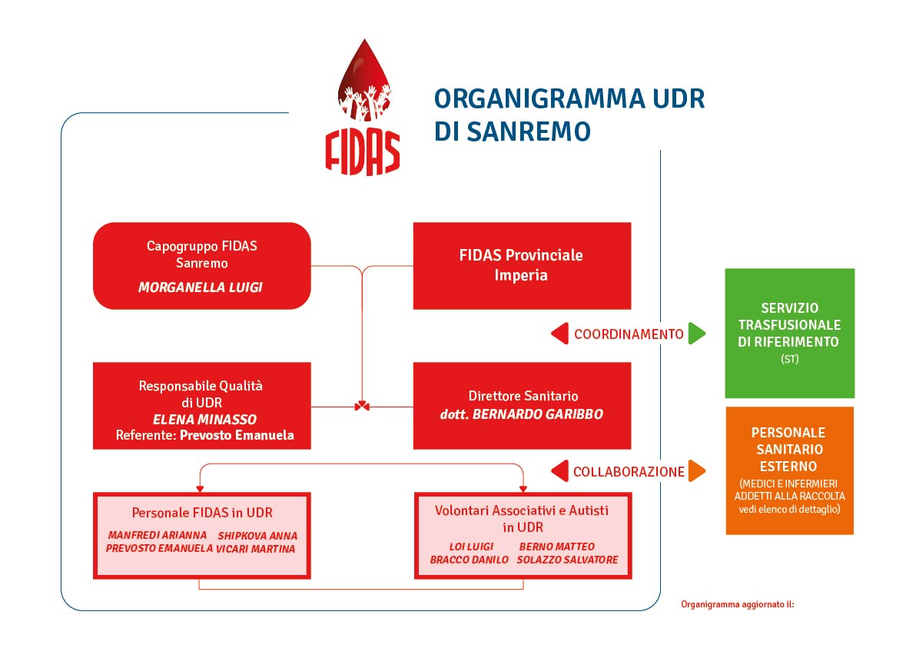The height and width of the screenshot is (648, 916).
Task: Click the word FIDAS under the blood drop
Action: (x=363, y=152)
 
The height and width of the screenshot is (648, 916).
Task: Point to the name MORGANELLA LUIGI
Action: (x=201, y=287)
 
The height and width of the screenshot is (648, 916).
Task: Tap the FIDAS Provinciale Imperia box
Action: (x=522, y=265)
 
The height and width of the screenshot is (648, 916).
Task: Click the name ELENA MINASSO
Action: (x=204, y=419)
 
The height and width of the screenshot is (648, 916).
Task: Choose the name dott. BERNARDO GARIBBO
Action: (x=522, y=414)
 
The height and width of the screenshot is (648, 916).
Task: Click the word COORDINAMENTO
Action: (x=629, y=334)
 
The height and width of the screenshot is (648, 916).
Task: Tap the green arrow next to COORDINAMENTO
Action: (x=697, y=334)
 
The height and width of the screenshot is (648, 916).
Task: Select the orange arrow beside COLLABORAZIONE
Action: (x=697, y=471)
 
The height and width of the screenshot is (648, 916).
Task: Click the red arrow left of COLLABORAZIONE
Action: (x=559, y=471)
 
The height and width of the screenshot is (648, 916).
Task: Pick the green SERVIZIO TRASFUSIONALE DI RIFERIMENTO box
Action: (x=789, y=333)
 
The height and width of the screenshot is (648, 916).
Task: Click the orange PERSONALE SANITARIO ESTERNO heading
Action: (x=789, y=450)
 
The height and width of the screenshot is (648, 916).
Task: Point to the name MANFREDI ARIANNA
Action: (x=157, y=535)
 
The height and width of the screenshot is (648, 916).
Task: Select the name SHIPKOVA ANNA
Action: (x=257, y=536)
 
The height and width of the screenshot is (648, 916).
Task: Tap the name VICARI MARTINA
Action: (x=255, y=549)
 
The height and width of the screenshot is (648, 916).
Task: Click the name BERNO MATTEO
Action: (x=556, y=547)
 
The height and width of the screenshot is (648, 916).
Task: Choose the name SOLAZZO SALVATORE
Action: (x=567, y=560)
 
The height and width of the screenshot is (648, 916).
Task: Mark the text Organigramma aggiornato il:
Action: (x=738, y=604)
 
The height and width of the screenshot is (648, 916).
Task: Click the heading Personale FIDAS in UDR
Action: (x=202, y=513)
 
